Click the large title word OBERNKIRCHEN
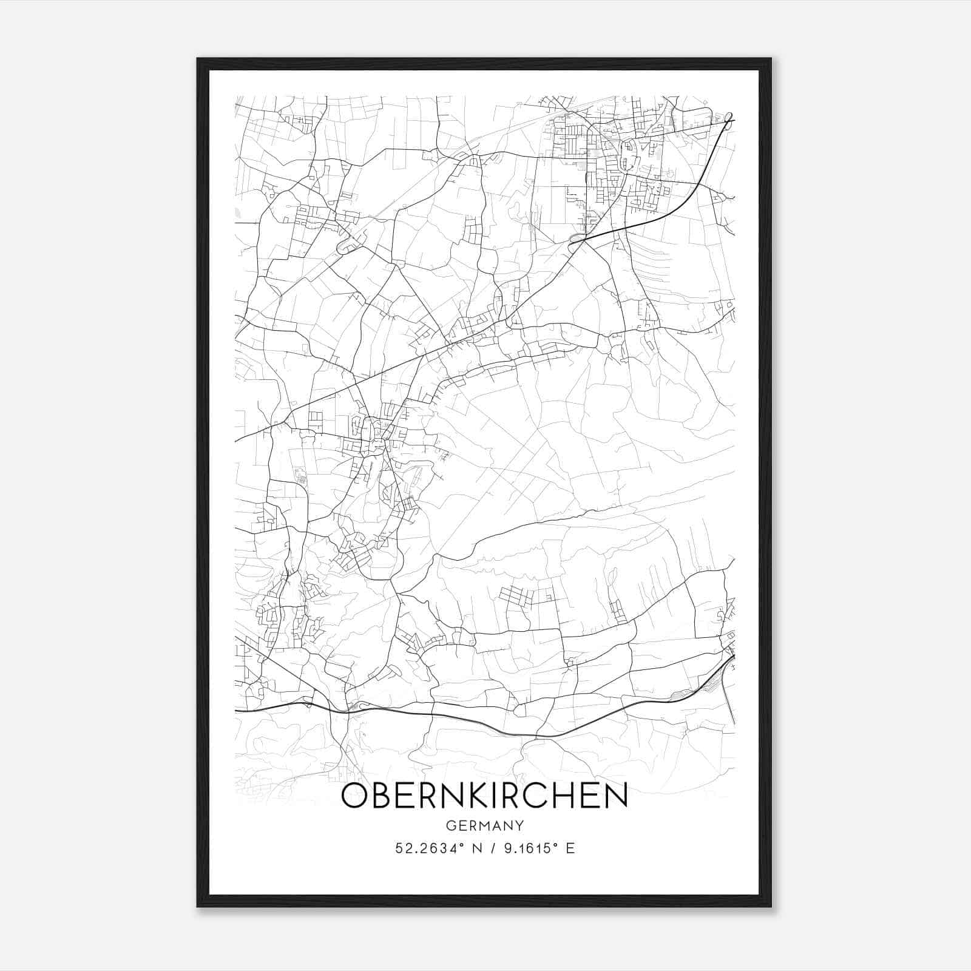pos(484,796)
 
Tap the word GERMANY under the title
pos(485,826)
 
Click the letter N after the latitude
pos(478,848)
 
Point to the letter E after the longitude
pos(570,848)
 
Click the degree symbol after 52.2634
pos(462,845)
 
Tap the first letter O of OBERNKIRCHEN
pos(354,796)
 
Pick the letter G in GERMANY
pos(451,826)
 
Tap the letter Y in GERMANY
pos(519,826)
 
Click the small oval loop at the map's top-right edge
pos(729,117)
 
